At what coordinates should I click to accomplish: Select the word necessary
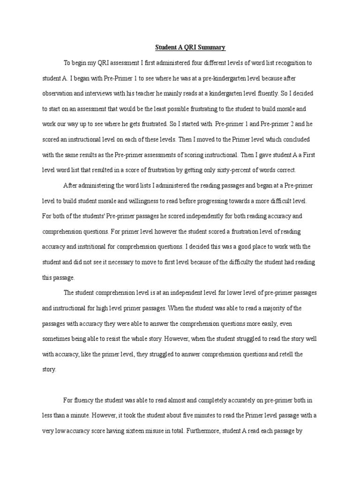click(120, 262)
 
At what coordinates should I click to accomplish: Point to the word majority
click(279, 308)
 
